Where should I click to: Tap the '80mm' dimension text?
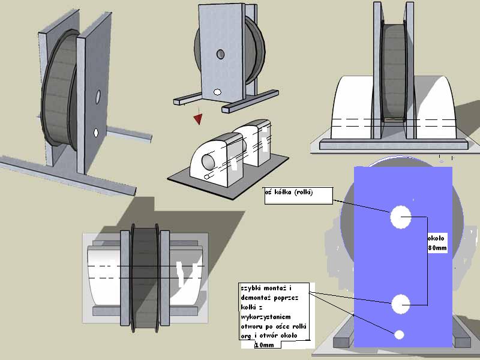click(x=437, y=247)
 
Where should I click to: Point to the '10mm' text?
click(x=264, y=345)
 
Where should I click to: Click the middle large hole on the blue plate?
click(x=401, y=304)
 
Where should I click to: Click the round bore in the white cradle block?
click(x=208, y=161)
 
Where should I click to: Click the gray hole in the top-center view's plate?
click(x=221, y=55)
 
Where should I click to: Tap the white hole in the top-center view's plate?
click(x=217, y=92)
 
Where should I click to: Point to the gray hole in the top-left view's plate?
click(x=98, y=95)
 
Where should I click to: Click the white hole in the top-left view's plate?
click(x=95, y=132)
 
